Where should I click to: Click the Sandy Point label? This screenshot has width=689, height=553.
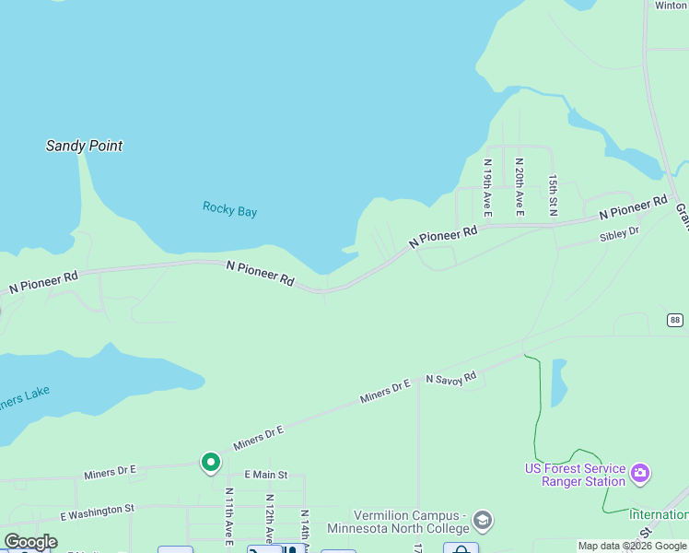coord(84,146)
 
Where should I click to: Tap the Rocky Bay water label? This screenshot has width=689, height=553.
coord(229,210)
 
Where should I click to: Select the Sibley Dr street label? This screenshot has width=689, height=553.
coord(619,235)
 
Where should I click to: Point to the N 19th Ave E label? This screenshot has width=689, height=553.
coord(488,187)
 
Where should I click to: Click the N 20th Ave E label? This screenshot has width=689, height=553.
coord(520,187)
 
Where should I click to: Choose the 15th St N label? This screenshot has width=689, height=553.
coord(553,194)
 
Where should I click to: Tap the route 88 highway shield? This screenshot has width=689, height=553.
coord(675,320)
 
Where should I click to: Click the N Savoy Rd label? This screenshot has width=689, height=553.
coord(450,377)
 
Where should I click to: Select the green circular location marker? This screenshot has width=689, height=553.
coord(211,461)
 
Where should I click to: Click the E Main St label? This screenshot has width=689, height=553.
coord(266,475)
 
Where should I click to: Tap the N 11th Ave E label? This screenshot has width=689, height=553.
coord(228,516)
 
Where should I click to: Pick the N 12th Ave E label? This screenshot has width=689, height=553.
coord(269,519)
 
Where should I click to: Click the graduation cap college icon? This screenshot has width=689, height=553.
coord(482,522)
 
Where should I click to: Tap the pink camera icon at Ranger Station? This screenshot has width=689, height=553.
coord(640,475)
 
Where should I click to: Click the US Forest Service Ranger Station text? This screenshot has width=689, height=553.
coord(575,475)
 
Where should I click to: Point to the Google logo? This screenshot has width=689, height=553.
coord(30,542)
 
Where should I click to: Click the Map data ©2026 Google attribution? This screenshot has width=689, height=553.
coord(632,546)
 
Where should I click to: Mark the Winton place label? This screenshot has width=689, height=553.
coord(671,6)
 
